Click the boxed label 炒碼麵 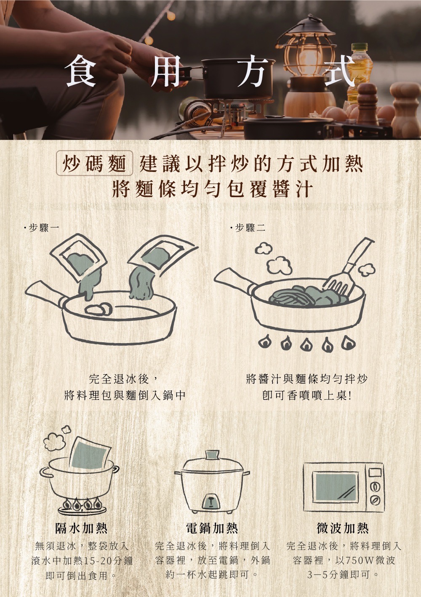click(94, 163)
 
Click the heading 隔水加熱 click(81, 528)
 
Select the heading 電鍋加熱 click(212, 528)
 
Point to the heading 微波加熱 click(343, 528)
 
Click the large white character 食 click(81, 71)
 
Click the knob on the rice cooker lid click(213, 455)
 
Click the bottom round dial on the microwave click(376, 500)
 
